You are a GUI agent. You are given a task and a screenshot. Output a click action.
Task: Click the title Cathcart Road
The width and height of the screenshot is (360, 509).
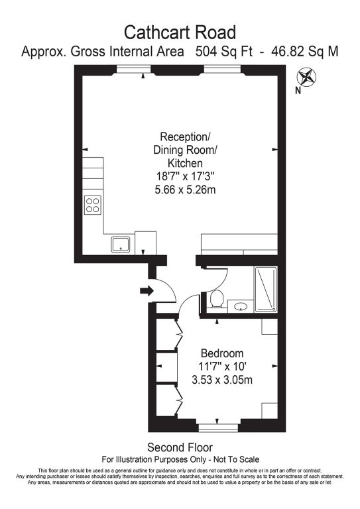(180, 32)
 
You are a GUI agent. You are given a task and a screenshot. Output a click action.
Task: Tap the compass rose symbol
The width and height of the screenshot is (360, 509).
(306, 78)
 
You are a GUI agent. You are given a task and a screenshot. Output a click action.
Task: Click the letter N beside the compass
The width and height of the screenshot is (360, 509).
(298, 91)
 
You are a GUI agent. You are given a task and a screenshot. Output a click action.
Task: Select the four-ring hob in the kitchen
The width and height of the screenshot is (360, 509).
(93, 205)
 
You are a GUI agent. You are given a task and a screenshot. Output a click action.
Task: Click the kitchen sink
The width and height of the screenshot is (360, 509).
(121, 245)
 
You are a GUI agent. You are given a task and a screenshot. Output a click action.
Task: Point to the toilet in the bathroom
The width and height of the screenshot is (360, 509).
(216, 299)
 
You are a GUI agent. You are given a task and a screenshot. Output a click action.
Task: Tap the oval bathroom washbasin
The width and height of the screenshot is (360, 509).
(241, 306)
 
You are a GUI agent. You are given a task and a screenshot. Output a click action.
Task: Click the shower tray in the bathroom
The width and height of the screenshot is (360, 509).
(266, 289)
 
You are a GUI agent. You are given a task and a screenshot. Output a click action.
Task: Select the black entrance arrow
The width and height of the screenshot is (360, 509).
(147, 290)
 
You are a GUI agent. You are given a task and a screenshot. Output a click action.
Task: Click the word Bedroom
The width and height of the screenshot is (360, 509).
(222, 353)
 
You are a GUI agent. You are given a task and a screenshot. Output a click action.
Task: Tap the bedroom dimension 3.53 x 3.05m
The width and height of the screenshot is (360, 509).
(222, 380)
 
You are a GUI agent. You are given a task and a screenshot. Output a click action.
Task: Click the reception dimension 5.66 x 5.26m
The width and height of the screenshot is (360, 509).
(185, 190)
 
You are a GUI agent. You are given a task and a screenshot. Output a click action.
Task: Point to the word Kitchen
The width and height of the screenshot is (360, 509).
(185, 163)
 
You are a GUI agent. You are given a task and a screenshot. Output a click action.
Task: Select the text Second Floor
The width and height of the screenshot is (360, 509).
(180, 447)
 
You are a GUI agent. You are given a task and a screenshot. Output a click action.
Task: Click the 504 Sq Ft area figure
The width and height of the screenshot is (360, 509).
(224, 52)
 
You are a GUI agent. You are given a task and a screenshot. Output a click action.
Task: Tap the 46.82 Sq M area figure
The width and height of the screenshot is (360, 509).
(305, 52)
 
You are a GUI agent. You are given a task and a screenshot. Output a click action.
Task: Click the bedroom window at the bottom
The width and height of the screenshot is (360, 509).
(218, 428)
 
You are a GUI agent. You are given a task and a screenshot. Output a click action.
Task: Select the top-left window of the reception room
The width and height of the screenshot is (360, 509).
(133, 69)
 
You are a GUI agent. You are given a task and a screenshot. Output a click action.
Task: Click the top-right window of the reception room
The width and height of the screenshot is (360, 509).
(222, 69)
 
